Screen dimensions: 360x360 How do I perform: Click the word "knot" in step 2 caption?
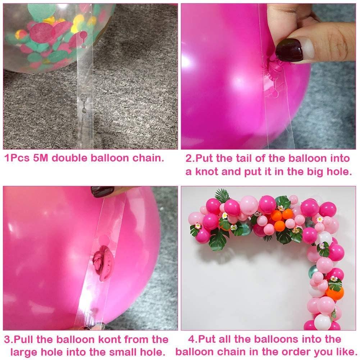point(206,172)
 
